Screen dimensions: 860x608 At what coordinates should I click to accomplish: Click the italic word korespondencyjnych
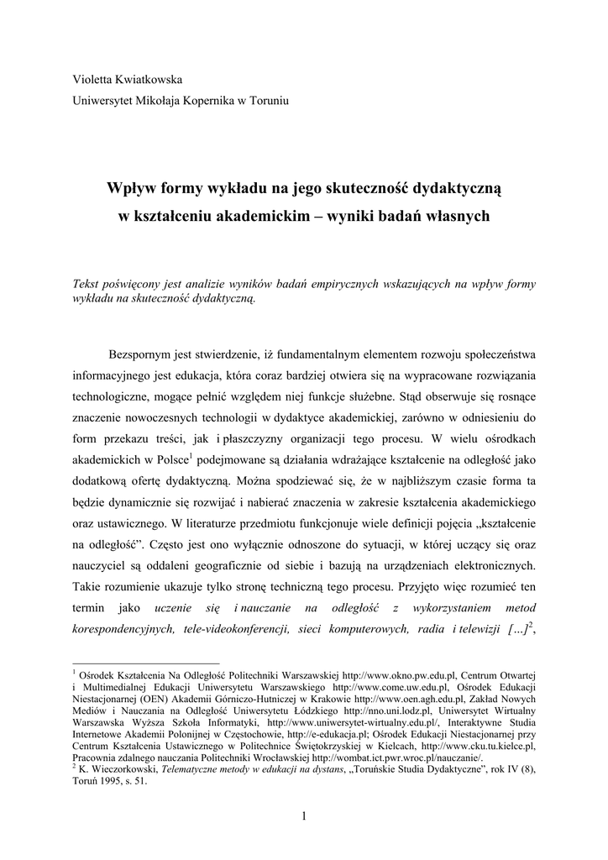click(123, 629)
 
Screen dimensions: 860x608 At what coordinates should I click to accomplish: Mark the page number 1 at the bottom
click(304, 817)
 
